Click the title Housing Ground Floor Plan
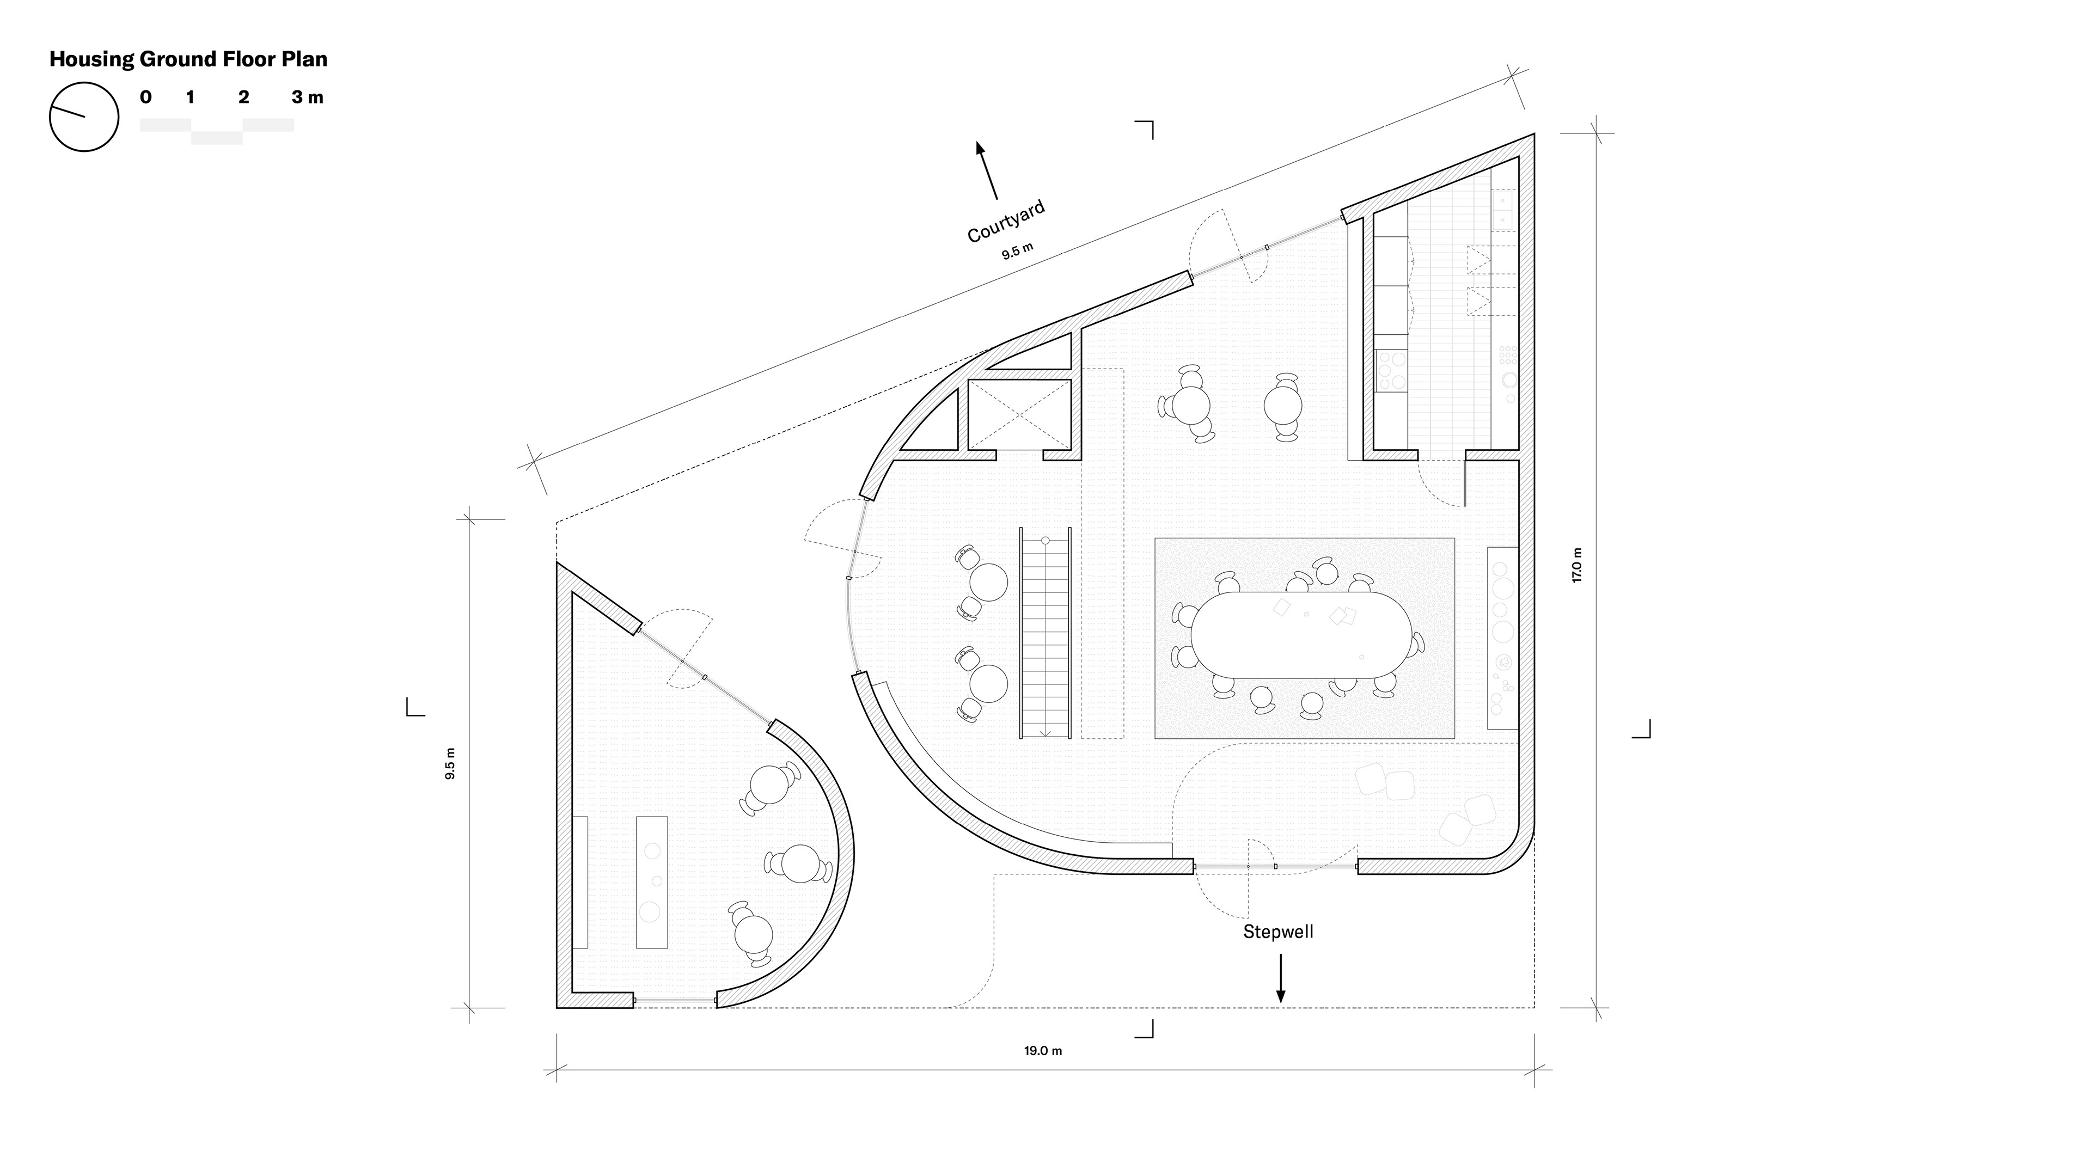(188, 59)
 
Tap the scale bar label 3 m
(308, 97)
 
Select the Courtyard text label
(1006, 220)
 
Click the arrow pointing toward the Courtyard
(987, 170)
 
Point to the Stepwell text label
(1279, 932)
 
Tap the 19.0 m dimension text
(1043, 1051)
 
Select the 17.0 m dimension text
(1577, 566)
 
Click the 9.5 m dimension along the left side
(450, 764)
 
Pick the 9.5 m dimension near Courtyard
(1017, 252)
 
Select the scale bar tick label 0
(145, 97)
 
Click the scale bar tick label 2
(243, 97)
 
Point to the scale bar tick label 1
(190, 97)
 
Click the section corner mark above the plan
(1144, 130)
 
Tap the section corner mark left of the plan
(415, 706)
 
